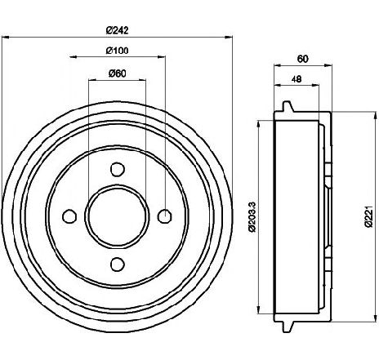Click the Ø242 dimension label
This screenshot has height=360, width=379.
tap(117, 29)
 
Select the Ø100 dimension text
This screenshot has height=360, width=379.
tap(117, 51)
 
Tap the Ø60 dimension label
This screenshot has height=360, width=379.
tap(118, 73)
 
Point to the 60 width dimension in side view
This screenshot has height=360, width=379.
tap(302, 59)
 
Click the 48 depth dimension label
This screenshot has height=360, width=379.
tap(297, 79)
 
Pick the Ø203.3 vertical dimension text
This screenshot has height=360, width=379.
tap(252, 217)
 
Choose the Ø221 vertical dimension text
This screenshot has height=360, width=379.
tap(368, 217)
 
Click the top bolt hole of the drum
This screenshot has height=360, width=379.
tap(118, 169)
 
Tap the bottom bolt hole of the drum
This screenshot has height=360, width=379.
tap(118, 264)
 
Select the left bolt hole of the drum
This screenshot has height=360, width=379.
tap(69, 216)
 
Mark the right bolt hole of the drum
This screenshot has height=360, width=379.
tap(165, 216)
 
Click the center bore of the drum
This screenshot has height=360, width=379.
tap(118, 216)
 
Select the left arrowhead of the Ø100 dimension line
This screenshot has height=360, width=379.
tap(74, 57)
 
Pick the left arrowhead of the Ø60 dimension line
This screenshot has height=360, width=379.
tap(93, 80)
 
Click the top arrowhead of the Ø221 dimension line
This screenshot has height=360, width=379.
tap(376, 116)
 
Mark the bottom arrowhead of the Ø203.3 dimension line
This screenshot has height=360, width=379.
tap(258, 310)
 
